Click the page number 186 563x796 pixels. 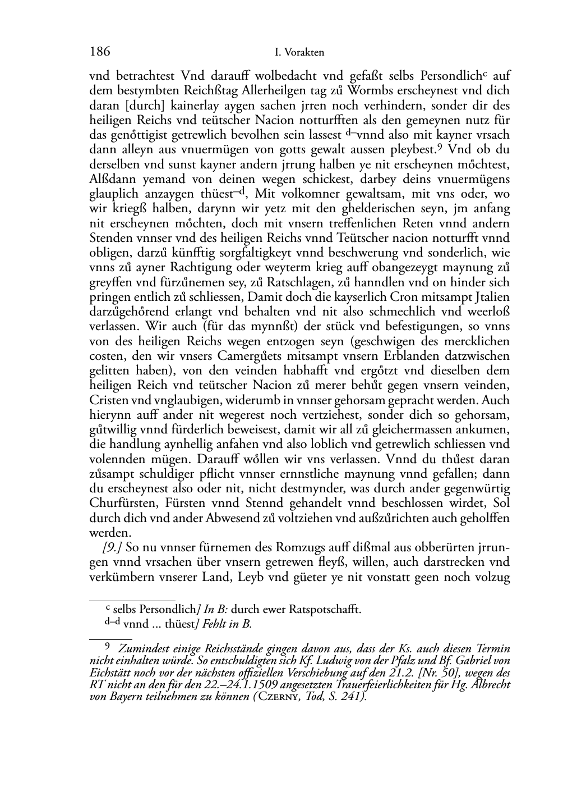pos(99,52)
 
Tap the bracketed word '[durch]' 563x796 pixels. pos(132,106)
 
